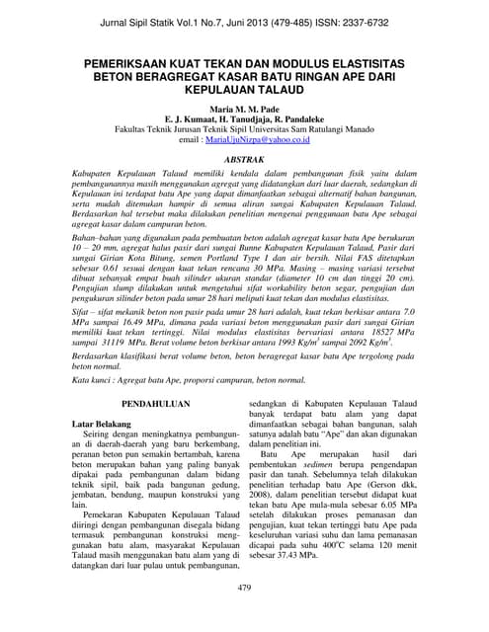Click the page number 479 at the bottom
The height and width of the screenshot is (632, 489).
244,588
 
